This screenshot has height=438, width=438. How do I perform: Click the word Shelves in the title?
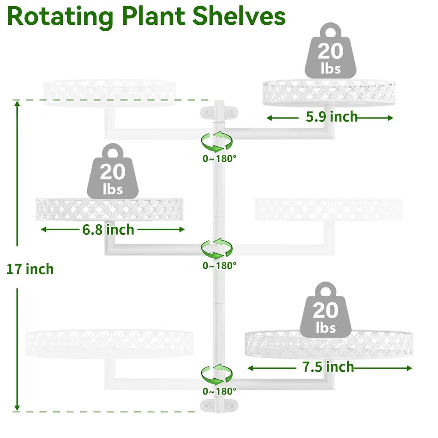pos(239,16)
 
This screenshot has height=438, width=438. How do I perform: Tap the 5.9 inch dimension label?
pos(332,117)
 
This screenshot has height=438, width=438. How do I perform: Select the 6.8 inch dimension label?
pos(108,230)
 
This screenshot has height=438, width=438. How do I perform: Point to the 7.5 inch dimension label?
pos(328,367)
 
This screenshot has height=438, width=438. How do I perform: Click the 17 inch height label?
pos(30,269)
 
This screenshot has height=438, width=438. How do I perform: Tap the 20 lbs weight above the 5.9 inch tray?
pos(331,51)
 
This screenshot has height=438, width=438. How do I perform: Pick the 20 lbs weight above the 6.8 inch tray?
pos(113,171)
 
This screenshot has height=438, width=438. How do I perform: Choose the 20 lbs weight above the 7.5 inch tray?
pos(325,309)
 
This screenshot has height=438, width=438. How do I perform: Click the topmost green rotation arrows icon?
pos(217,142)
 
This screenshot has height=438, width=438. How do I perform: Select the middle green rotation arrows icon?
pos(217,248)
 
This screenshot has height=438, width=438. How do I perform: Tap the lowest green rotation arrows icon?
pos(217,374)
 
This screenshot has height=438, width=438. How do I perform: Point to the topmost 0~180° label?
pos(219,159)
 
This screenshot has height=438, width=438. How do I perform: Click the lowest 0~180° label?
pos(219,391)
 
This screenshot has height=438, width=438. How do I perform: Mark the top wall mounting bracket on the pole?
pos(219,113)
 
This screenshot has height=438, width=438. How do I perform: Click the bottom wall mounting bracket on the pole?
pos(219,406)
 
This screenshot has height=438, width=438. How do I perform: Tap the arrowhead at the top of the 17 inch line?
pos(17,104)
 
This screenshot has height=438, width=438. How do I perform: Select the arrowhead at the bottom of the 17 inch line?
pos(17,408)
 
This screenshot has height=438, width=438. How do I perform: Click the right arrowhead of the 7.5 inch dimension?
pos(409,368)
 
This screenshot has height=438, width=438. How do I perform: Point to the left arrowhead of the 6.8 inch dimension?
pos(44,229)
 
